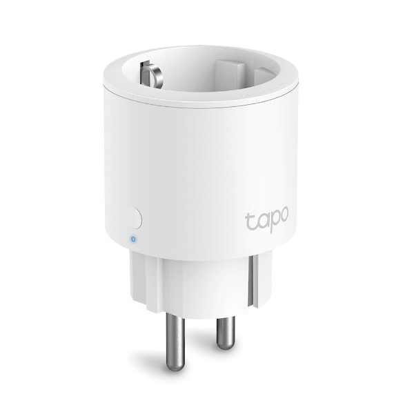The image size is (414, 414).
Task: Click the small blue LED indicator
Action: tap(132, 239)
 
